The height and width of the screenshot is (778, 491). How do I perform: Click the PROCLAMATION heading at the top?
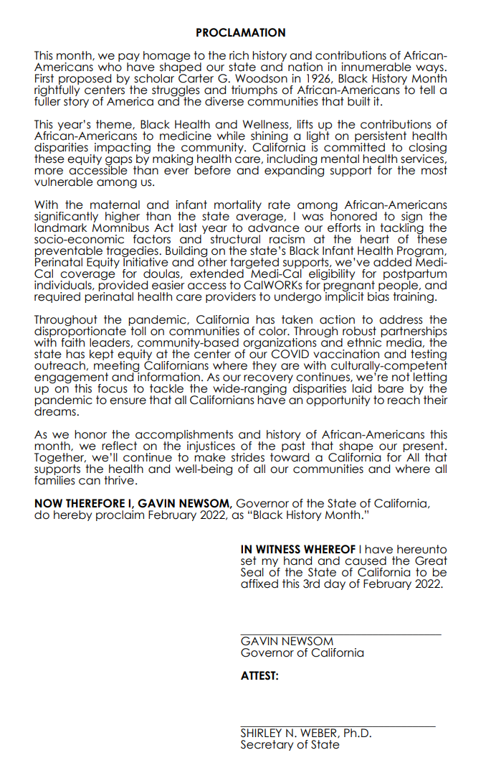241,33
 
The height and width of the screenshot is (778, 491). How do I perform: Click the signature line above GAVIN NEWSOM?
340,634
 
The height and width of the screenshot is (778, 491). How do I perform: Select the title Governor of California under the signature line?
302,653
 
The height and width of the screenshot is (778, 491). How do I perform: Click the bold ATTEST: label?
259,676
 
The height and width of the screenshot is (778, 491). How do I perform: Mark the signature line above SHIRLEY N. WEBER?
338,727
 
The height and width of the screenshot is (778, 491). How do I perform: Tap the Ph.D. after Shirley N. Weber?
356,734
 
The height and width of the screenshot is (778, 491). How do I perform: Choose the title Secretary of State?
290,745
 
